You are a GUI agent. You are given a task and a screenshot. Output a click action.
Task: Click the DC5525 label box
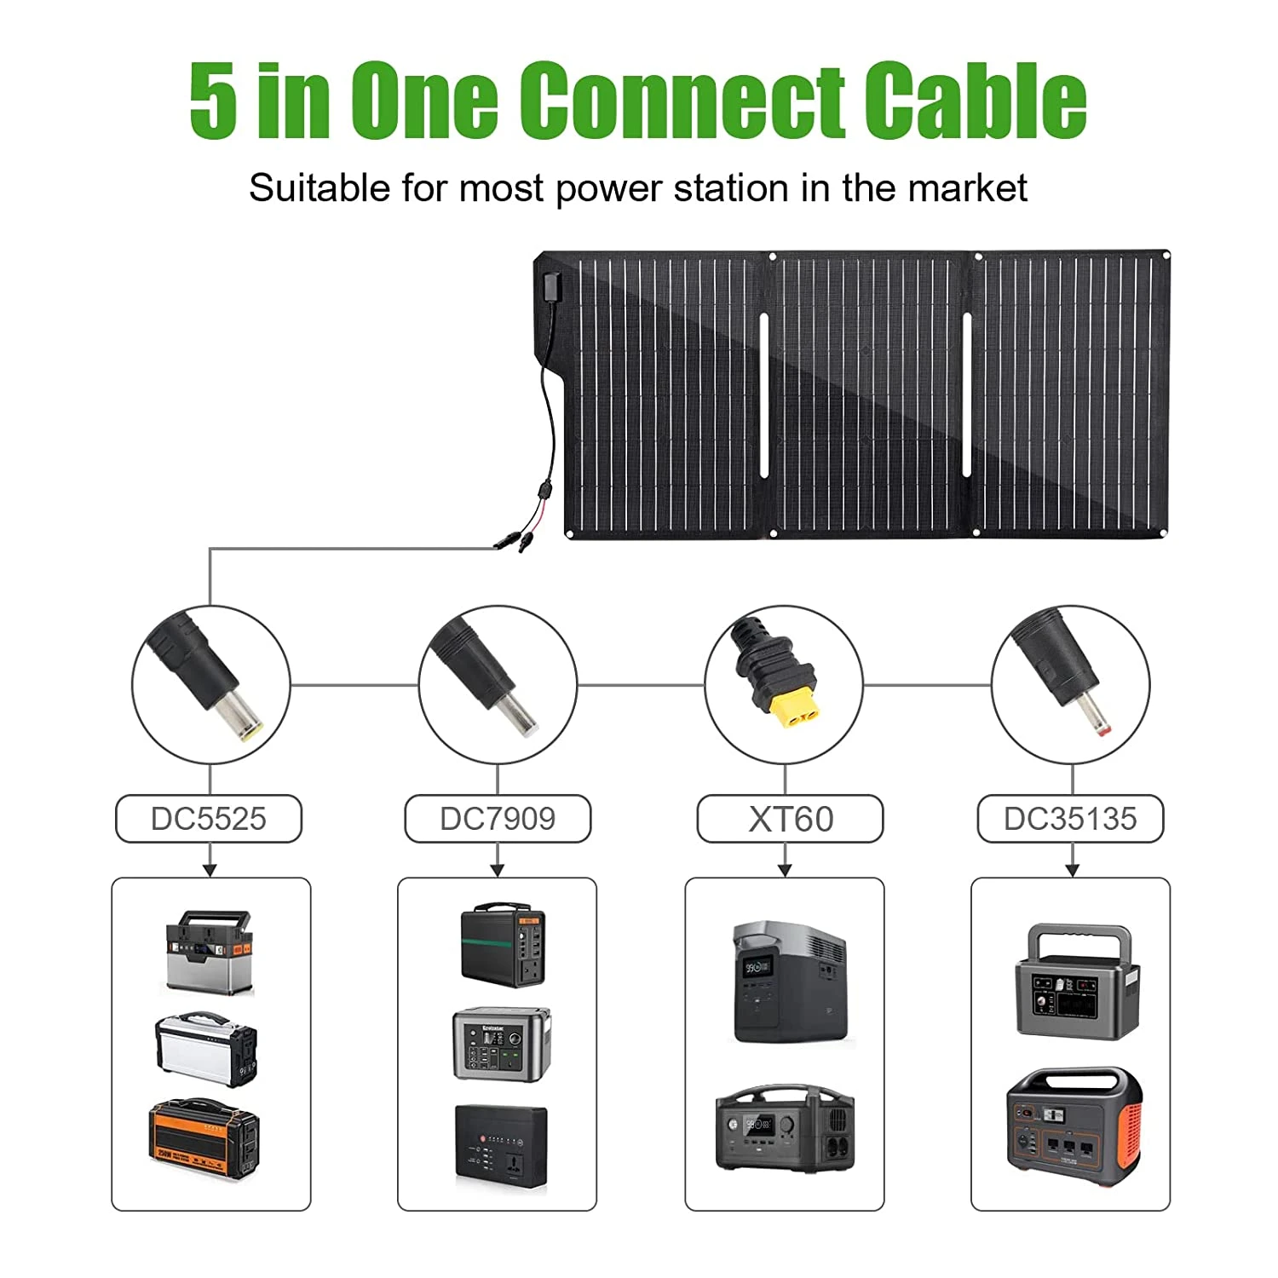click(x=209, y=819)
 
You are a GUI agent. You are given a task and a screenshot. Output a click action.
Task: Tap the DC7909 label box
click(x=498, y=819)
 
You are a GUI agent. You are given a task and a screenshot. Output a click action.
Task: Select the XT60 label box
click(x=791, y=819)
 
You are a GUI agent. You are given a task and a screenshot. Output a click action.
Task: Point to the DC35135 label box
click(x=1070, y=819)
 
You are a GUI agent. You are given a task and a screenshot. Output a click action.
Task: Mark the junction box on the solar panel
click(x=550, y=286)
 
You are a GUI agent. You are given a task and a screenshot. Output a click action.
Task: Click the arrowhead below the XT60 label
click(x=785, y=869)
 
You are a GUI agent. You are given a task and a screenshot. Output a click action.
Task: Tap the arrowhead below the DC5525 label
click(x=210, y=869)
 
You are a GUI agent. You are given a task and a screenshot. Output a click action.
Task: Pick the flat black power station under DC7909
click(x=500, y=1142)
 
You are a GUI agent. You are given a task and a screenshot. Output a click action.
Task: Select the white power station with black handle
click(x=206, y=1048)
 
